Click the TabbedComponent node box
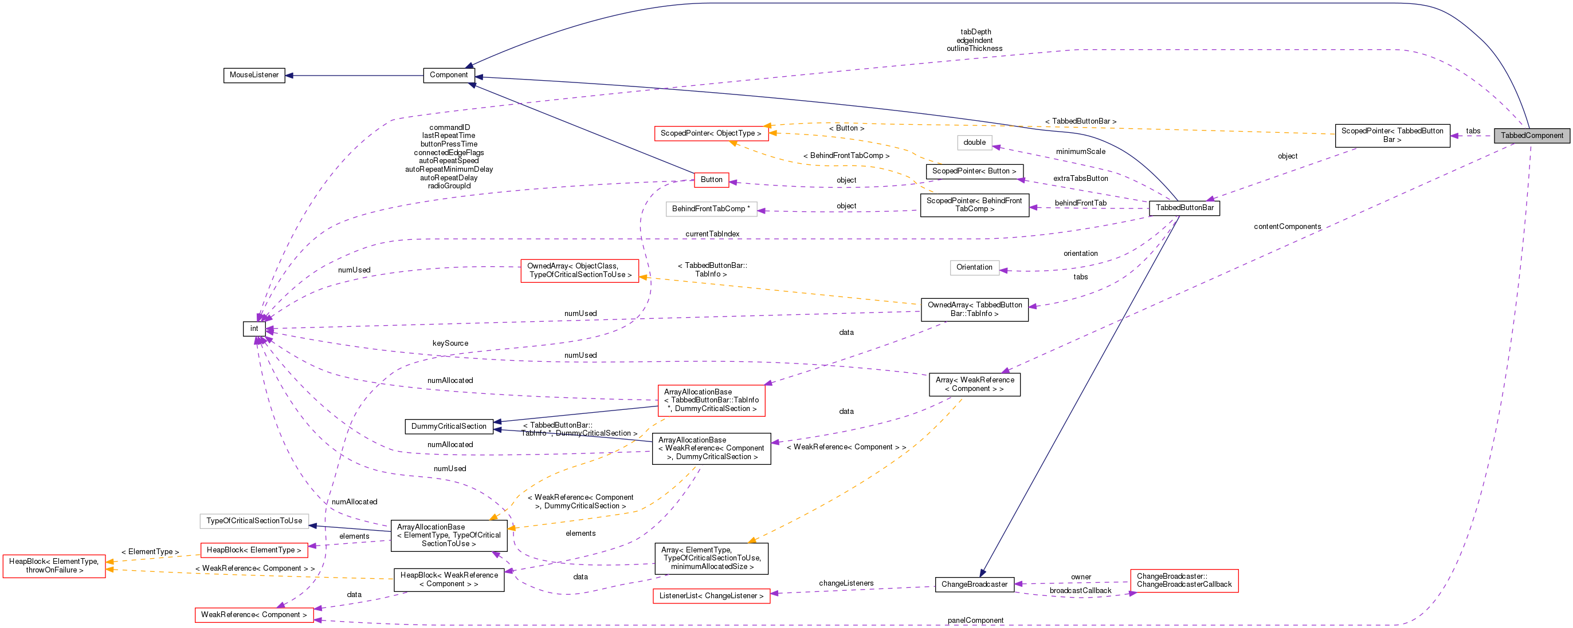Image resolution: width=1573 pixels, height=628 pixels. tap(1532, 136)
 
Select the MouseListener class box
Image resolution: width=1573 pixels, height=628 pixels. tap(254, 75)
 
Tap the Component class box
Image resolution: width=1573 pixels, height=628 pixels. tap(448, 75)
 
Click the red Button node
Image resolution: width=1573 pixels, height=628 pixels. tap(711, 179)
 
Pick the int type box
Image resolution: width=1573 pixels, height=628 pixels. tap(254, 329)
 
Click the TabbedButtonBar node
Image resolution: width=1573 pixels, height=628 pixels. tap(1184, 207)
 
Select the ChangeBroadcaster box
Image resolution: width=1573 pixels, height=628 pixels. tap(974, 584)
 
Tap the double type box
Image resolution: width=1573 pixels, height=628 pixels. tap(974, 142)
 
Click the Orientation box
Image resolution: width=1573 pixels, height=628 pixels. tap(974, 267)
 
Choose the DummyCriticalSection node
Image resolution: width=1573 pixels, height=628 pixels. tap(448, 426)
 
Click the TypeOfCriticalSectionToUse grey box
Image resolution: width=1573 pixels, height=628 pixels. tap(254, 520)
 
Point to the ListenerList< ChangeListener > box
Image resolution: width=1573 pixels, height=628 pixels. tap(711, 595)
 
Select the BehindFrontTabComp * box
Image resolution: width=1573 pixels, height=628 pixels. tap(711, 209)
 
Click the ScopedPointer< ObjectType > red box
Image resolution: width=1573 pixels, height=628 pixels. tap(711, 133)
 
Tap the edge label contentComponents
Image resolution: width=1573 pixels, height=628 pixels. tap(1286, 227)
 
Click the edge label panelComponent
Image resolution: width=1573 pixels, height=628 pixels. tap(975, 620)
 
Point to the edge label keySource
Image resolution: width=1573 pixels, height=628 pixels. tap(450, 343)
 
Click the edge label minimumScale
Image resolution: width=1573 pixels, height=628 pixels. tap(1080, 151)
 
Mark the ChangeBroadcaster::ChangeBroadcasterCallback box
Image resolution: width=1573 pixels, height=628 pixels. tap(1183, 580)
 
